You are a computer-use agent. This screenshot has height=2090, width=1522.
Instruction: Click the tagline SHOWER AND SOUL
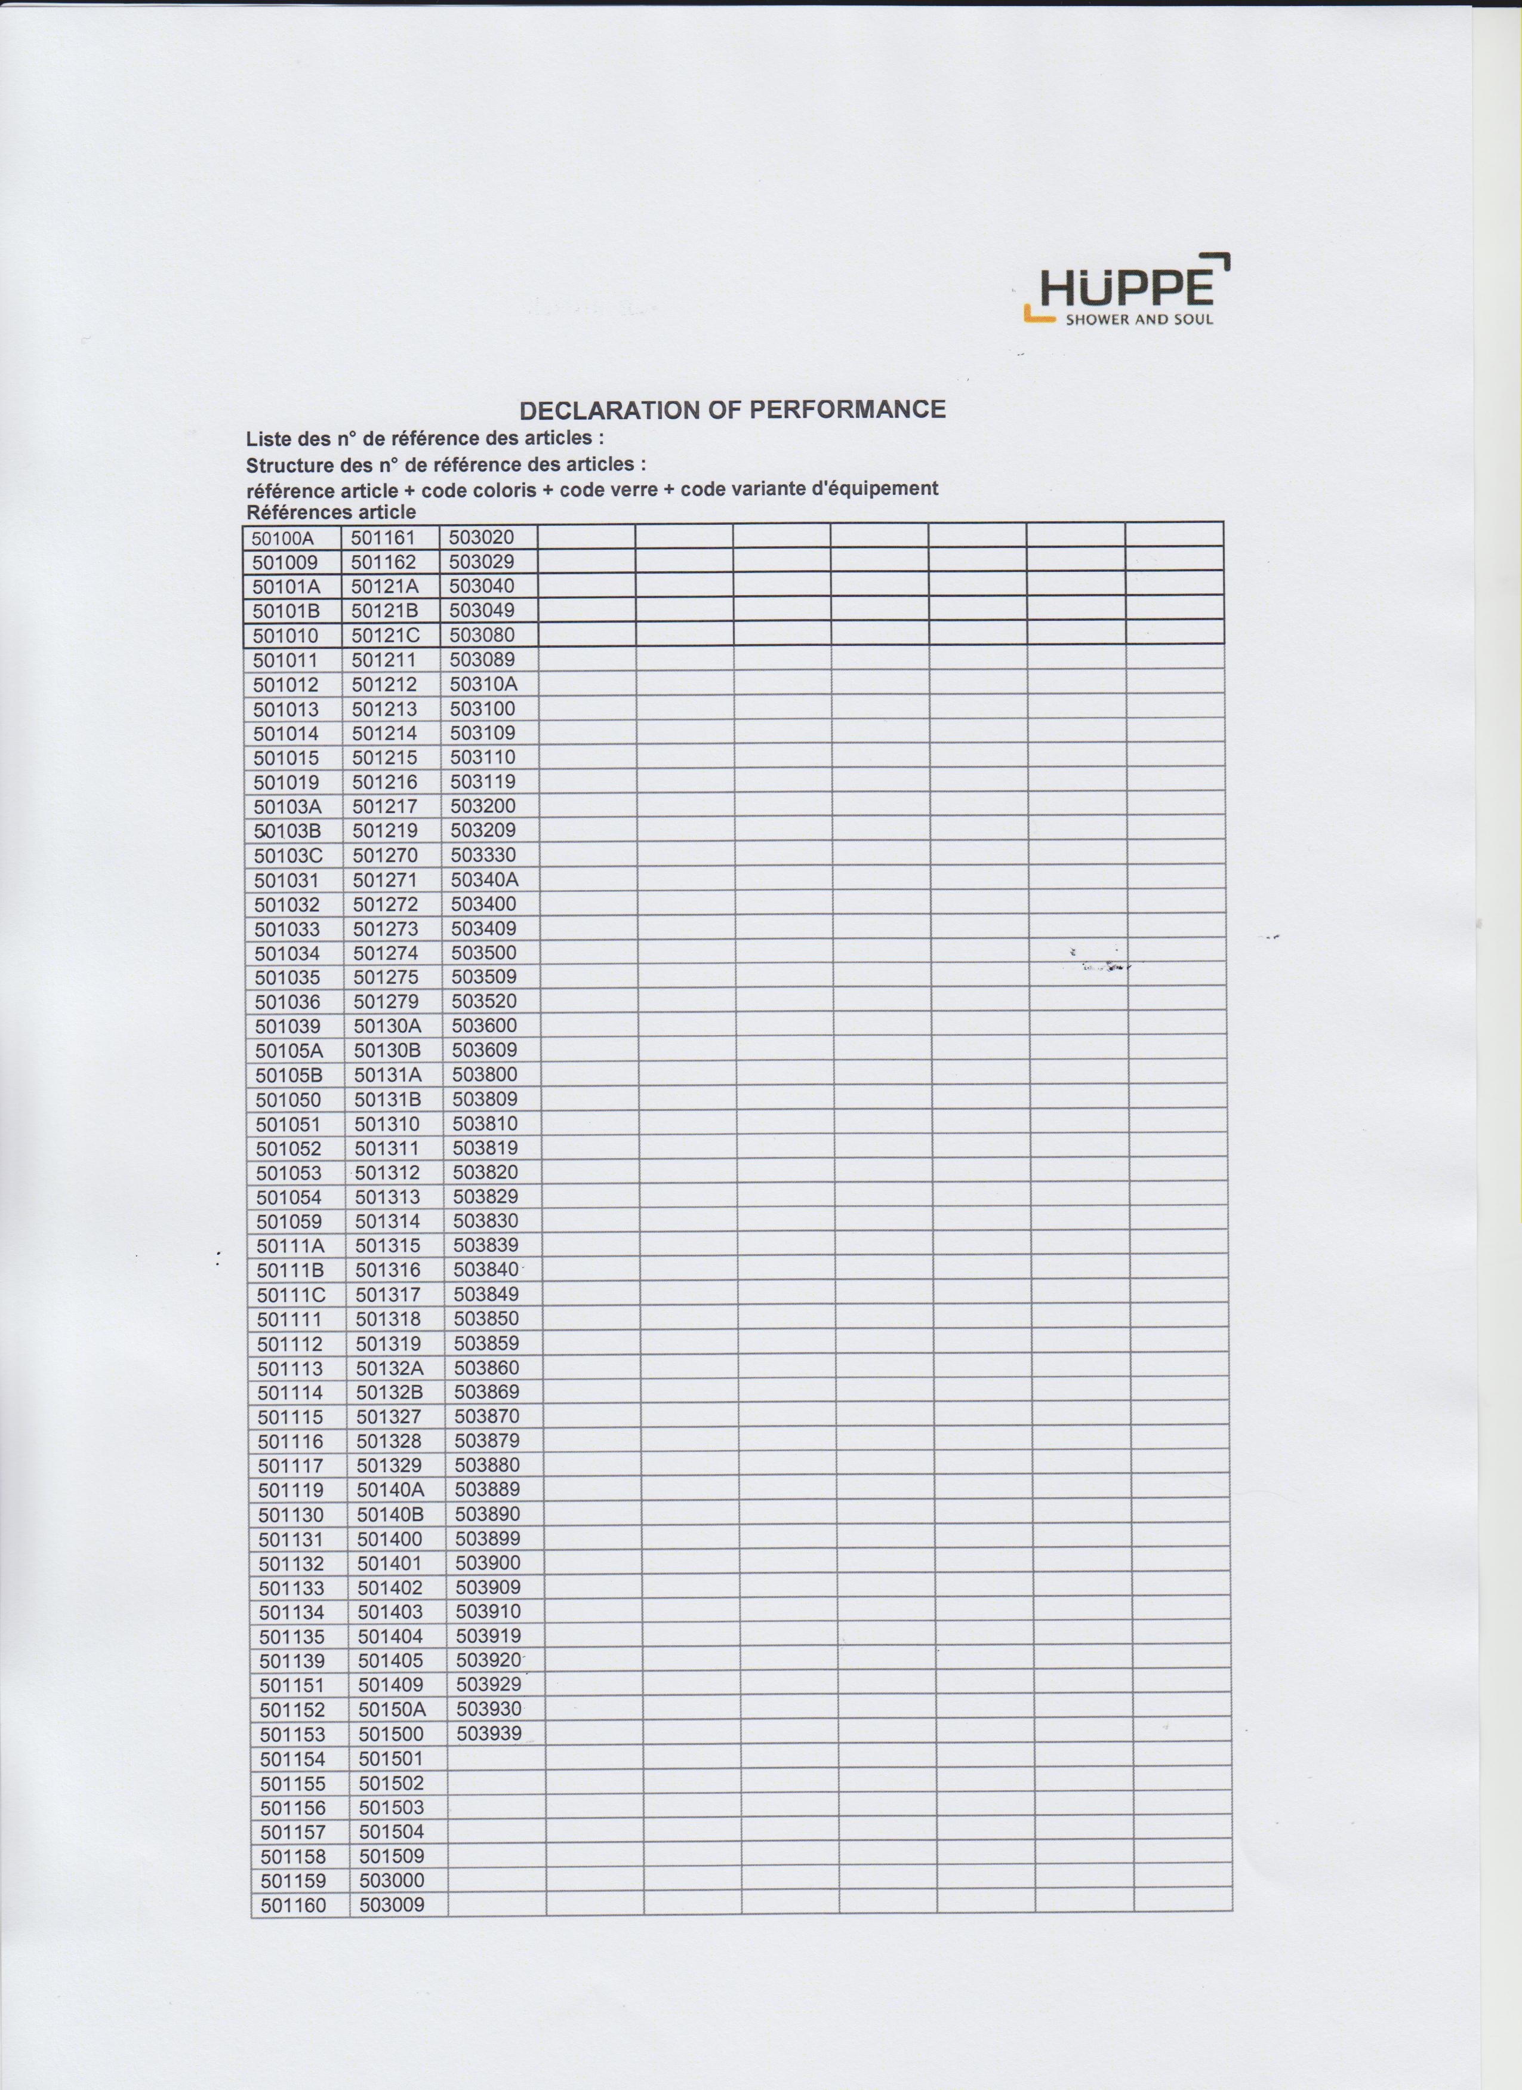coord(1139,320)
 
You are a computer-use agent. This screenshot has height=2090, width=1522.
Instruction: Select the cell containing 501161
coord(383,538)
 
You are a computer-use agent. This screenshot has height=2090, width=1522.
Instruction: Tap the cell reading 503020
coord(481,537)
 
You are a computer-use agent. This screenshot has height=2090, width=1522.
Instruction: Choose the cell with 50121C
coord(385,636)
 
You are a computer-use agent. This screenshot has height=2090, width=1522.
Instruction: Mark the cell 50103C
coord(288,855)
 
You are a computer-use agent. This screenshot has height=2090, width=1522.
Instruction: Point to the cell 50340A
coord(485,879)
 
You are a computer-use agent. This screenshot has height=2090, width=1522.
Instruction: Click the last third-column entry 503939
coord(489,1734)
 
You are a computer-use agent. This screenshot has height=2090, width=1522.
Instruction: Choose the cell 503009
coord(392,1905)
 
